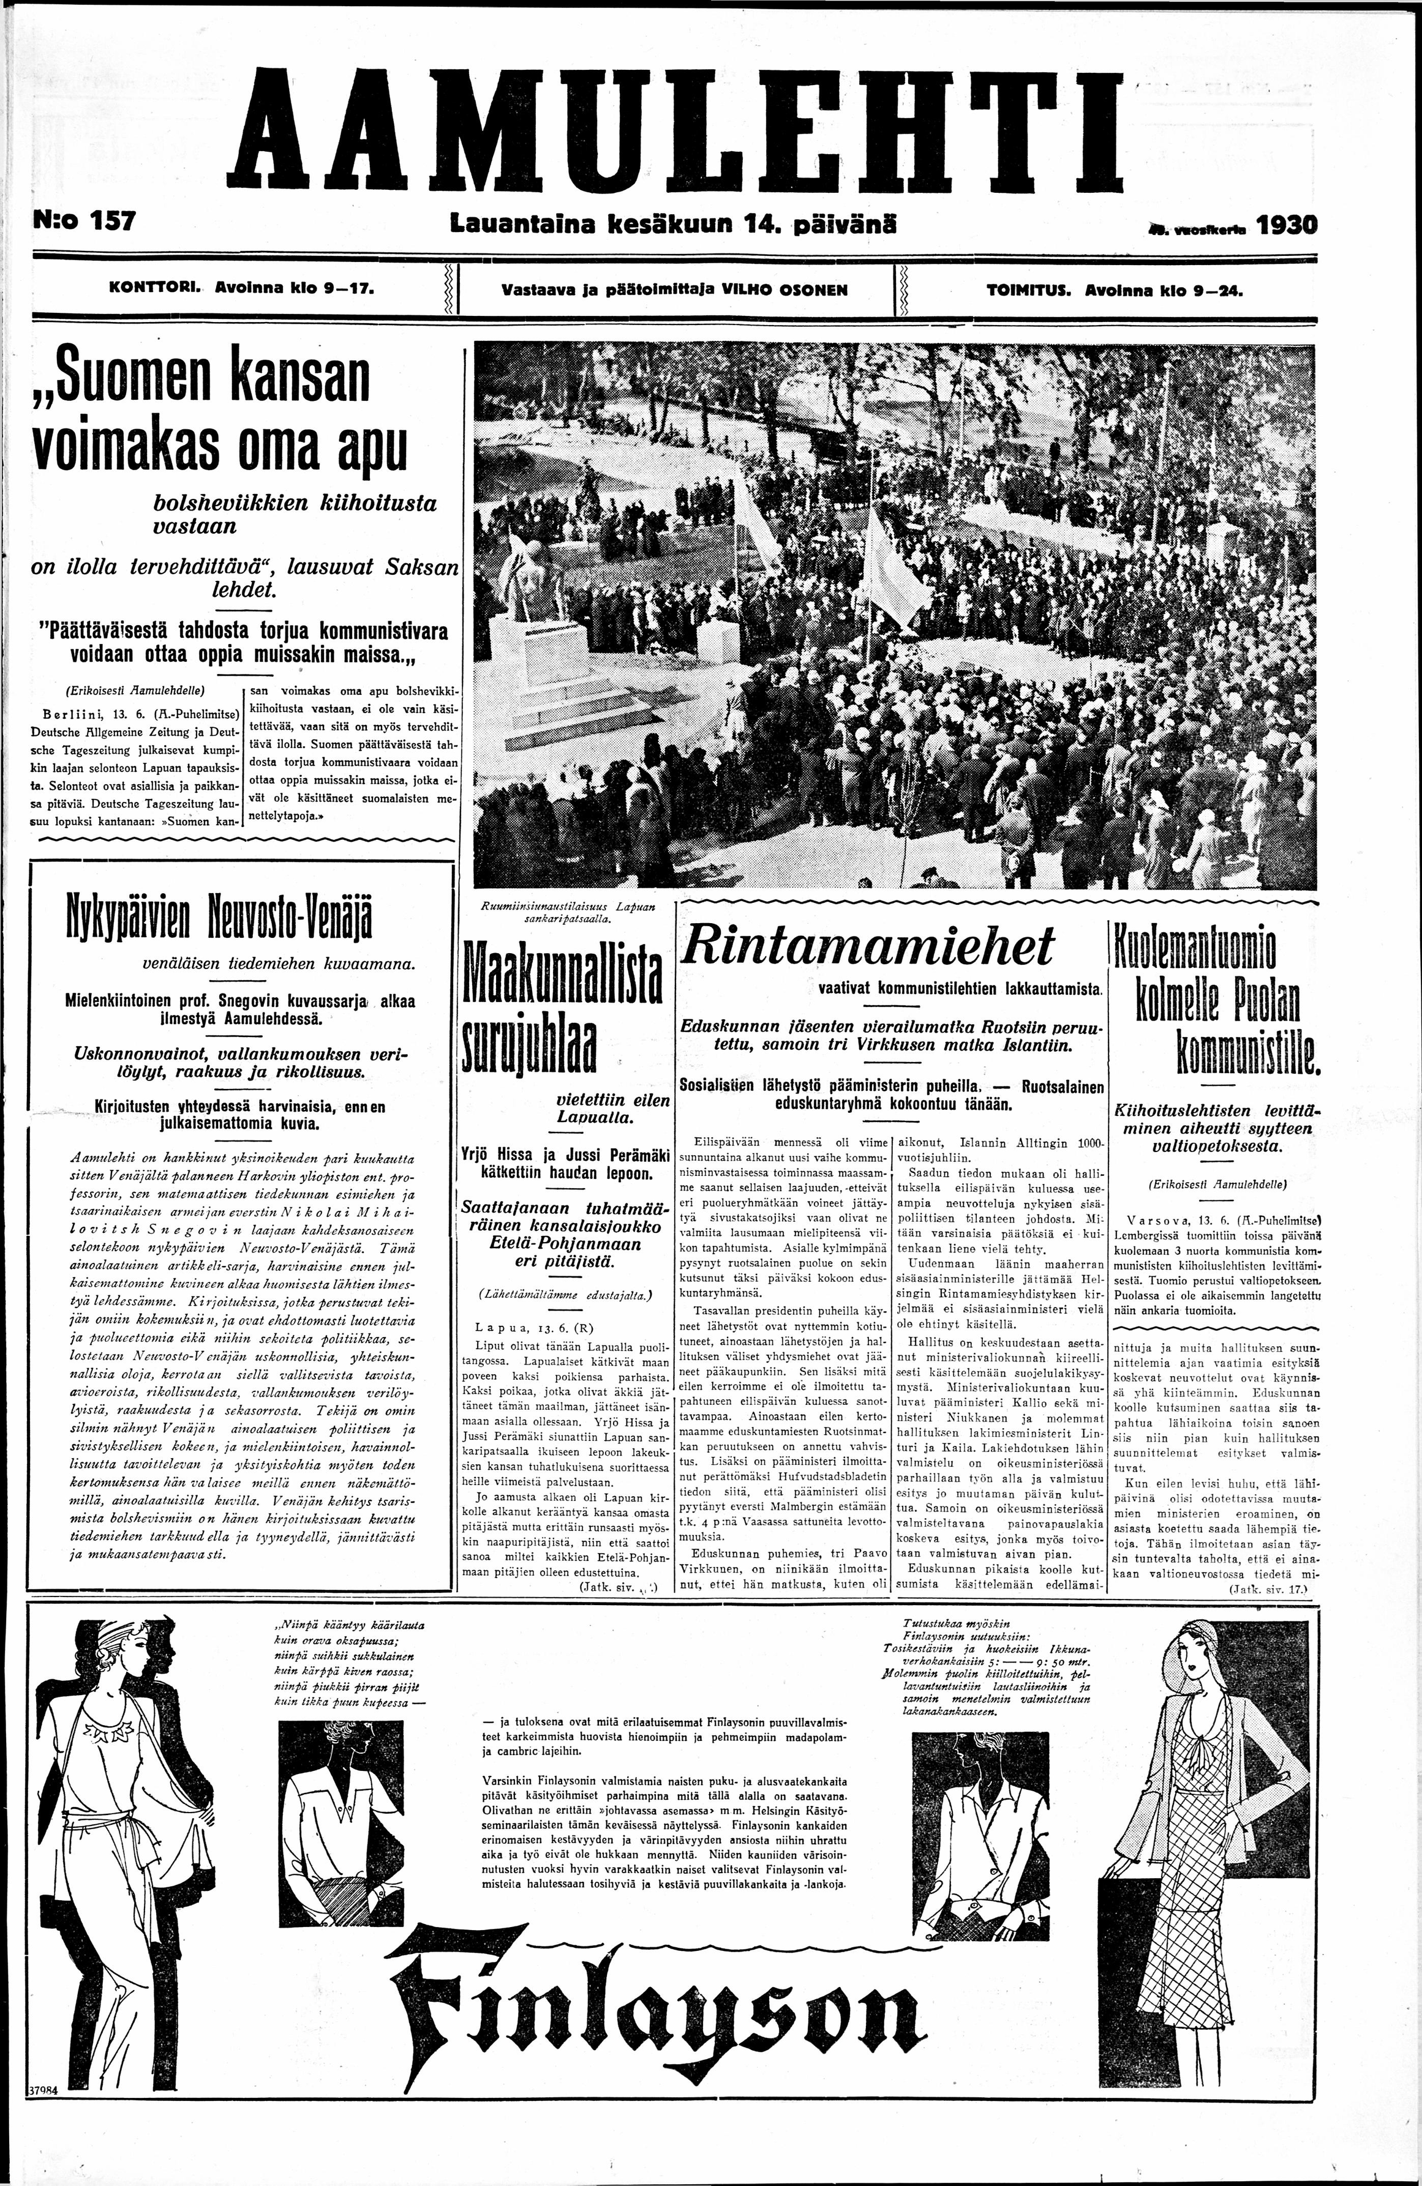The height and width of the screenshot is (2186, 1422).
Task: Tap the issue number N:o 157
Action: [83, 222]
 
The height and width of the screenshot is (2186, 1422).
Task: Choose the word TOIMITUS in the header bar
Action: [1030, 291]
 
